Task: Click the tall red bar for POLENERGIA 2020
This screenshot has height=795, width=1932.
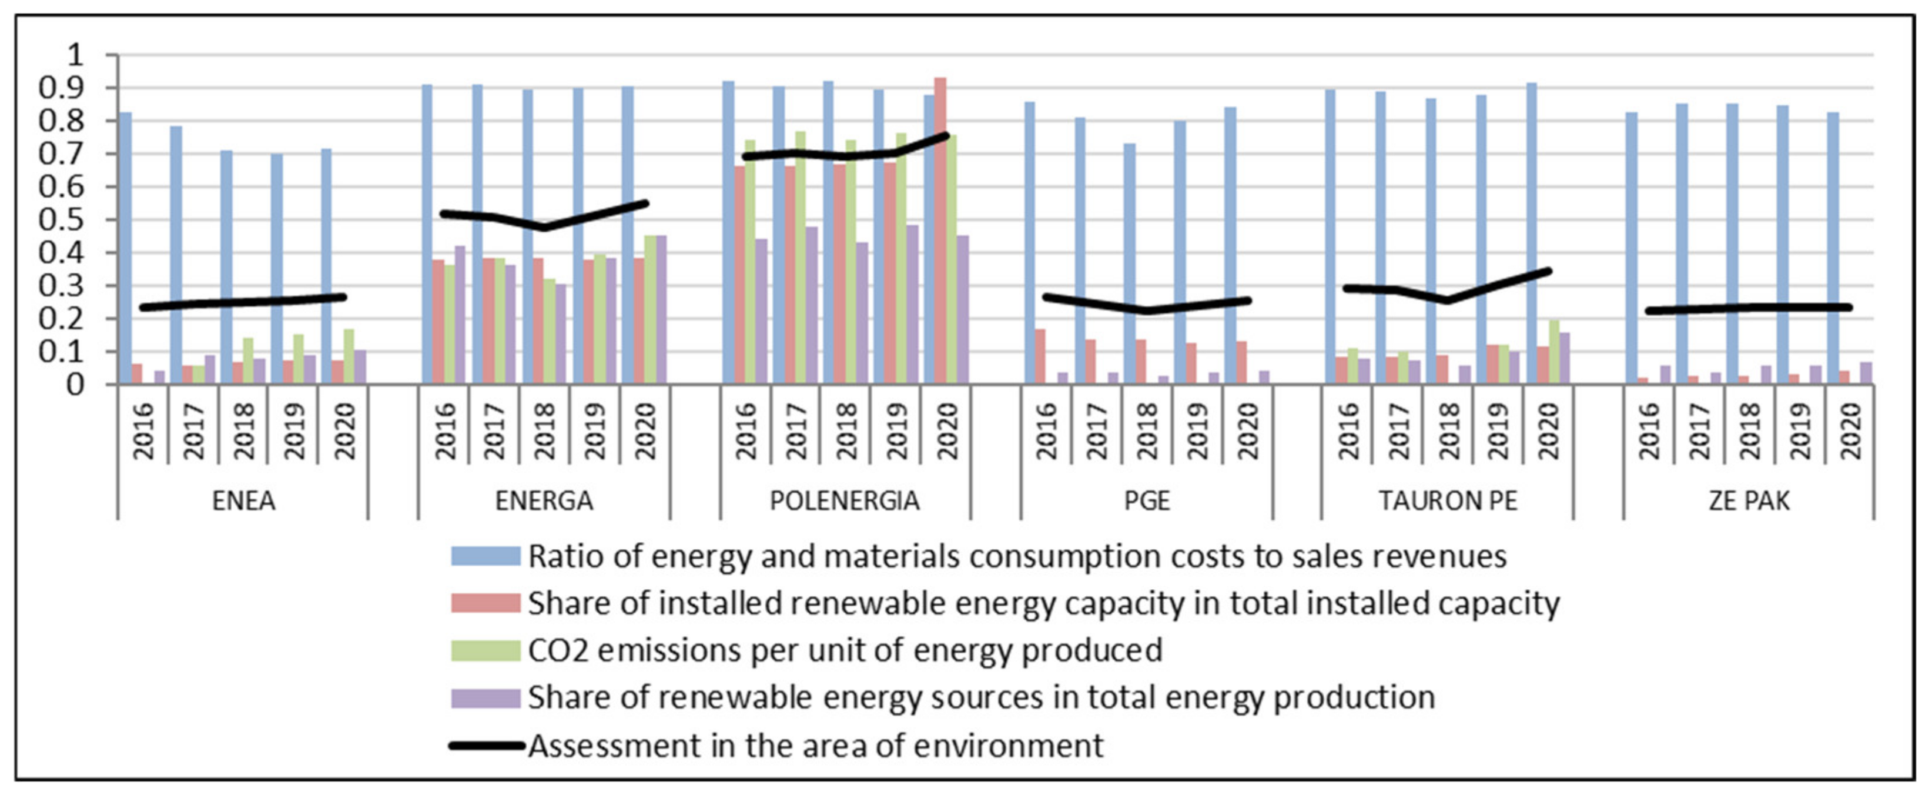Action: [x=940, y=232]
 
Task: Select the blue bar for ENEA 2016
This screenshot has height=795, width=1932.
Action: [x=125, y=248]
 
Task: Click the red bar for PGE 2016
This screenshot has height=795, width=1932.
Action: [x=1040, y=357]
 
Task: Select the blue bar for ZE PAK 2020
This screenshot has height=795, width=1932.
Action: [x=1832, y=248]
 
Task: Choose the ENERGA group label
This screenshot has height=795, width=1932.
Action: [x=544, y=501]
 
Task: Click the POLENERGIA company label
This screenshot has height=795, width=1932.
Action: [x=845, y=501]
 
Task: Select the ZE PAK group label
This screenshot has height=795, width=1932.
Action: [x=1749, y=501]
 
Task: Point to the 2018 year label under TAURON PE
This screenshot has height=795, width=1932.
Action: [x=1449, y=431]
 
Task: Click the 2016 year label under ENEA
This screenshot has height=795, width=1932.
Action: [x=142, y=431]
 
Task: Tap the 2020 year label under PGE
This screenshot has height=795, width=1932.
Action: [x=1247, y=431]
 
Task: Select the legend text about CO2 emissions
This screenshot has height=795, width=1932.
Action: [x=845, y=650]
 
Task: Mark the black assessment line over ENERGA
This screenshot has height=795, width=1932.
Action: [x=544, y=226]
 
